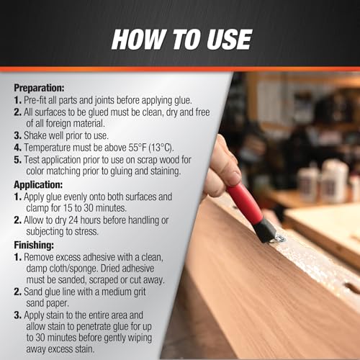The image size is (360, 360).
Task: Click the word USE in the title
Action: (229, 40)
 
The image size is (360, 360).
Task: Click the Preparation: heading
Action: (39, 88)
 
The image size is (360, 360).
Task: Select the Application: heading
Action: (38, 185)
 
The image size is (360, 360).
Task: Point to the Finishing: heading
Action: (34, 246)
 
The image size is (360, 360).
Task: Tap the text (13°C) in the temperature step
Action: (161, 148)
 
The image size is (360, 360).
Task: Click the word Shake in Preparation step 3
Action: (35, 135)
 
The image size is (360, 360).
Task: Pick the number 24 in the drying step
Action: (73, 220)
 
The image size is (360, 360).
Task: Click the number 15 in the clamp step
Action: (68, 208)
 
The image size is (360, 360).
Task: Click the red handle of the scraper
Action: (245, 203)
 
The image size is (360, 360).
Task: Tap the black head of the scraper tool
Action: (265, 230)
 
